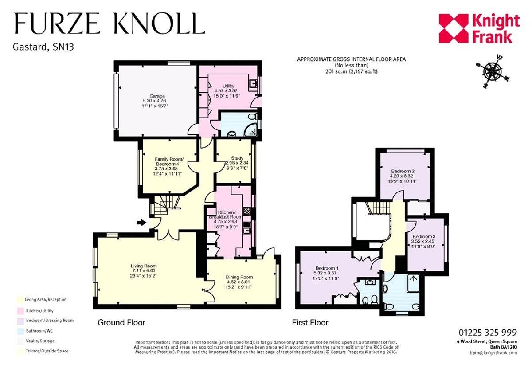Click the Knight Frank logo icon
454,28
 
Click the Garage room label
157,96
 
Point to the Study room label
237,158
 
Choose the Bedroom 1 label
327,268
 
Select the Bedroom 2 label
403,171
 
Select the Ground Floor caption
121,322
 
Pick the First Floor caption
310,322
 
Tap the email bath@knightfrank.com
493,353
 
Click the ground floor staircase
165,204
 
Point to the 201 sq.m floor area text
351,71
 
